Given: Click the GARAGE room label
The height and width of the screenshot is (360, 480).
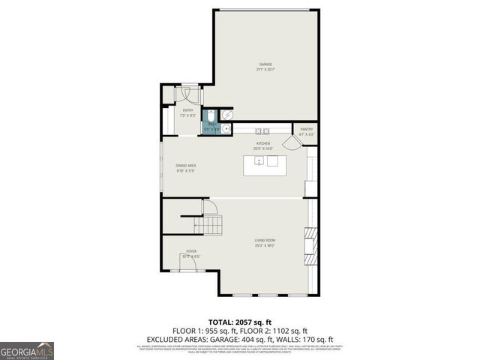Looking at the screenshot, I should (x=265, y=65).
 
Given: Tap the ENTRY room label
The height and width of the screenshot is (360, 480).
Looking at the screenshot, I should (x=187, y=111).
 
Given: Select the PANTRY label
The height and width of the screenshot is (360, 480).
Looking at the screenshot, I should (x=306, y=130).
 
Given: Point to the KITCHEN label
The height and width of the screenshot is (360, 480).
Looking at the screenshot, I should (x=262, y=143).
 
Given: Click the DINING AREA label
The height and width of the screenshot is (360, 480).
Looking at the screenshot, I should (x=186, y=165).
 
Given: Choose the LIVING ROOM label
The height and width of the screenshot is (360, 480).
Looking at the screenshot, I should (x=265, y=241).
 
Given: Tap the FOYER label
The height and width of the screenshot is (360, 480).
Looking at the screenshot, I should (x=192, y=252).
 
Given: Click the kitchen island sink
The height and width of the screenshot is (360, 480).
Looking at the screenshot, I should (x=259, y=161).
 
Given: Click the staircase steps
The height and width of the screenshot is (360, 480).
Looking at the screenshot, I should (x=211, y=223).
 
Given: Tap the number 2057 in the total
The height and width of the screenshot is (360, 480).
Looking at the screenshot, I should (x=247, y=320).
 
